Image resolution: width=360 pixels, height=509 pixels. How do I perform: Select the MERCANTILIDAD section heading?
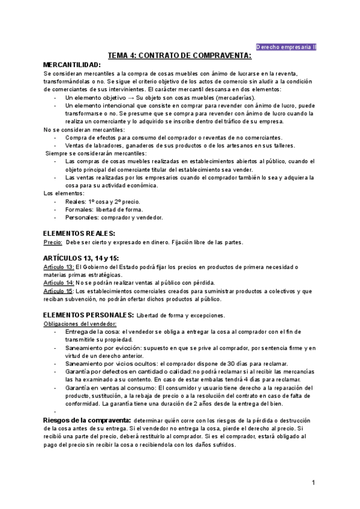(72, 64)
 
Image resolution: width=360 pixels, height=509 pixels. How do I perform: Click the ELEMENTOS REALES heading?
(79, 233)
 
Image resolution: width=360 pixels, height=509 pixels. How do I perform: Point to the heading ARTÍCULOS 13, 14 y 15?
(81, 258)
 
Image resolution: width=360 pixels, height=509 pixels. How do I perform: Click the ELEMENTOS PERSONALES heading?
(88, 315)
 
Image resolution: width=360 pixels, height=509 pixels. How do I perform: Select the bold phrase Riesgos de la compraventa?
(88, 420)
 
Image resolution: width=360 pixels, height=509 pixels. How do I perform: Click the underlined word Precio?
(53, 242)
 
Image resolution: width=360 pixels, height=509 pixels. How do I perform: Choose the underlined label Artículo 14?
(59, 283)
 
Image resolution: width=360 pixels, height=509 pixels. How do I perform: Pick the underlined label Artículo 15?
(59, 291)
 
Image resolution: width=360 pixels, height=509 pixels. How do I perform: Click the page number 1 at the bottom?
(313, 483)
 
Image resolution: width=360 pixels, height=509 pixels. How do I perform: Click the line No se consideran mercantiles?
(84, 130)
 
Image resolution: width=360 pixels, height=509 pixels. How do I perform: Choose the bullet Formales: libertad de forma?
(104, 209)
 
